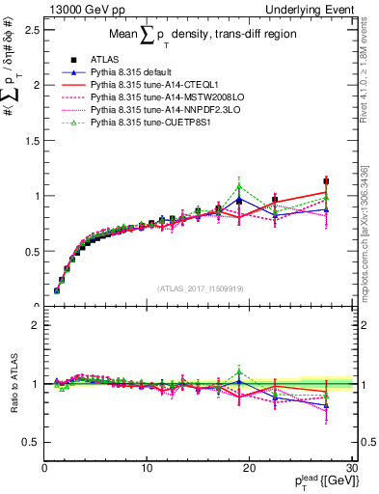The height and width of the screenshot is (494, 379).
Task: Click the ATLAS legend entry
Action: click(104, 61)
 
